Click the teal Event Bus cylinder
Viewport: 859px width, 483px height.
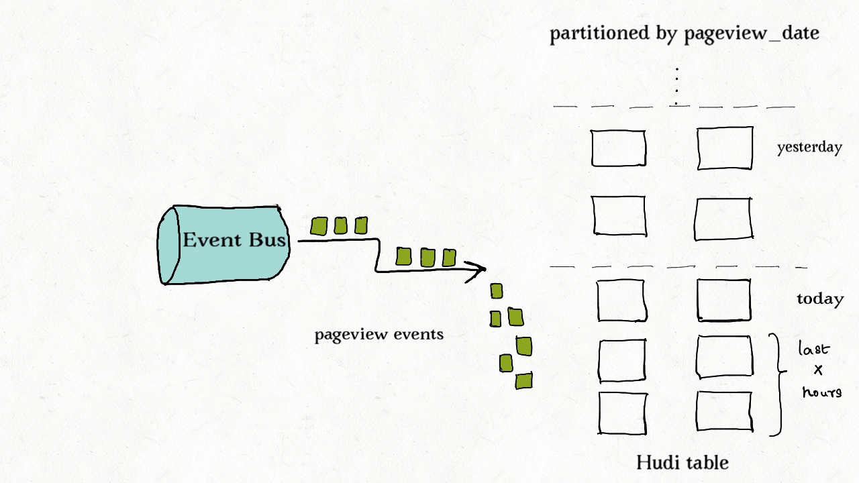tap(225, 245)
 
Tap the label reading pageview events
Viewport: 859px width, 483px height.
tap(379, 334)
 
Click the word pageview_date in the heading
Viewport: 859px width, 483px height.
tap(752, 34)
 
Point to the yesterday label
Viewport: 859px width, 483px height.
tap(809, 148)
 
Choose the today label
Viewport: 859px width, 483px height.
tap(819, 299)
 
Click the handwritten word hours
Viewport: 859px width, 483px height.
tap(821, 391)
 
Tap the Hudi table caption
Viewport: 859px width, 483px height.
tap(682, 462)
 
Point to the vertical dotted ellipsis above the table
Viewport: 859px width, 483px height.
tap(676, 86)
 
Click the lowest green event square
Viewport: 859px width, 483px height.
tap(523, 381)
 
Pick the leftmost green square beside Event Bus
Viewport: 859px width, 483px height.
tap(319, 226)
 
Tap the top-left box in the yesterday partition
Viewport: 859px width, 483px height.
tap(618, 148)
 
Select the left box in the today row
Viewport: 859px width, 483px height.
tap(621, 301)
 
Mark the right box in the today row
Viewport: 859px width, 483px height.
tap(724, 300)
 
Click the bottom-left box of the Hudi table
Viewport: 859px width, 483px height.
tap(622, 413)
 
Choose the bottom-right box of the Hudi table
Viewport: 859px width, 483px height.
tap(724, 411)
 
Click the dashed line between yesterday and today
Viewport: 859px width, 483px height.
tap(678, 266)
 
